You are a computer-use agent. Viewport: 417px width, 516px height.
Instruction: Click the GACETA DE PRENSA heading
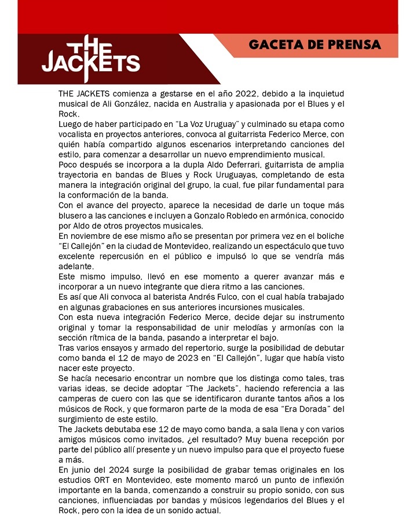[314, 45]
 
